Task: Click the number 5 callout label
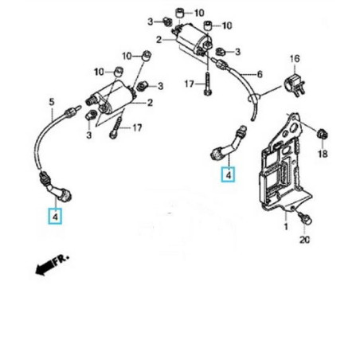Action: [x=52, y=102]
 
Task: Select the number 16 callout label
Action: [x=294, y=60]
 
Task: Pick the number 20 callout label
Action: [x=304, y=241]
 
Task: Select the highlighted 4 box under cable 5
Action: [x=56, y=216]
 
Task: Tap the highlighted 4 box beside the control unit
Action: [x=229, y=174]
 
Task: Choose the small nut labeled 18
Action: [x=323, y=131]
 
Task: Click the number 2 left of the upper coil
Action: [x=159, y=40]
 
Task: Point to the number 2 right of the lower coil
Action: [x=148, y=103]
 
